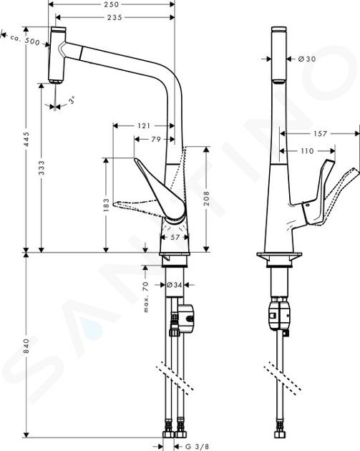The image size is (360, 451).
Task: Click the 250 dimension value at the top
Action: click(111, 4)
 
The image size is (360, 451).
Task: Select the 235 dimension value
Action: click(115, 18)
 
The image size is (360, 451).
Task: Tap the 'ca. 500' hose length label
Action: click(25, 40)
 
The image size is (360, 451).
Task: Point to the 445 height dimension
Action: click(26, 139)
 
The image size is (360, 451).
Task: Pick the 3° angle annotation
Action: click(72, 101)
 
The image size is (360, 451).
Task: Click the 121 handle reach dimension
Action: click(144, 126)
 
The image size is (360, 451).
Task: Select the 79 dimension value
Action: click(156, 139)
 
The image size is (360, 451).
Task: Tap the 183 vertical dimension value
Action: click(107, 205)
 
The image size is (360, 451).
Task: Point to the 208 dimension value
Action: click(206, 199)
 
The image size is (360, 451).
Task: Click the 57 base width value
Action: click(175, 237)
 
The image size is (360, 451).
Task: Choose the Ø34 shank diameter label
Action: click(174, 285)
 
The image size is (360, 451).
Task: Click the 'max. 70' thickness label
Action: click(146, 297)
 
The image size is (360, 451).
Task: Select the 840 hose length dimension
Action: click(26, 346)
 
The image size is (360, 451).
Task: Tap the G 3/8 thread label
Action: click(197, 447)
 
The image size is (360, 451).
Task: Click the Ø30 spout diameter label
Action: click(307, 59)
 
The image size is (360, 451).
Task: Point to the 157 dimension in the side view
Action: click(320, 133)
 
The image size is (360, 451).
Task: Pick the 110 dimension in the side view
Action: click(307, 151)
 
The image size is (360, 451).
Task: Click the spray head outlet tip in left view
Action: click(56, 82)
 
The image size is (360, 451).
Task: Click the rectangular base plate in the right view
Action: click(279, 258)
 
